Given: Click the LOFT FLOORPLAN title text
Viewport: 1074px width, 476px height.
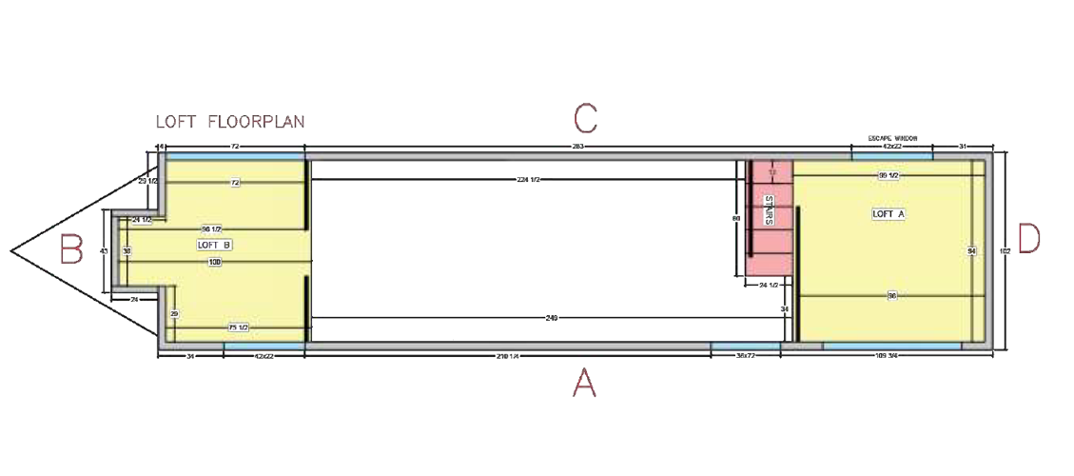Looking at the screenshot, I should (x=229, y=122).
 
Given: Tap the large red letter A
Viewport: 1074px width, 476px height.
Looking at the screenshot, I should (x=583, y=384).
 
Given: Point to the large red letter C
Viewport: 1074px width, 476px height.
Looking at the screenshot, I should (x=585, y=118).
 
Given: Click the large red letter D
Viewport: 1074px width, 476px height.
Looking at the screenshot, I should (x=1029, y=240).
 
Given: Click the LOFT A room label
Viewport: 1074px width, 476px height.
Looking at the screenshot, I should (x=888, y=214).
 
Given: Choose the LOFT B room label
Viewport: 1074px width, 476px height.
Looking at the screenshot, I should (x=214, y=245).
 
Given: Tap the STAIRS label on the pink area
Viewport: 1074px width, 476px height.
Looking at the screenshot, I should (x=769, y=210).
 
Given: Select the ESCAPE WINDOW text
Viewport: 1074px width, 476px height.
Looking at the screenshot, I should (x=892, y=138).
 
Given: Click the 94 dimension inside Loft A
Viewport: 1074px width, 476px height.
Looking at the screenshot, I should (x=972, y=251).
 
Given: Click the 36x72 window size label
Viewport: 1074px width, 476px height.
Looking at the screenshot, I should (x=745, y=356).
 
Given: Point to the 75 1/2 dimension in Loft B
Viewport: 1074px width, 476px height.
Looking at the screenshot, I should (x=238, y=327).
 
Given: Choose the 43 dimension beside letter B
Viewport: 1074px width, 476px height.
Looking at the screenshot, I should (x=104, y=251).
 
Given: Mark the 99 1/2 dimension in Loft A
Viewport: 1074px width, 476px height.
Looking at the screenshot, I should (x=888, y=176).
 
